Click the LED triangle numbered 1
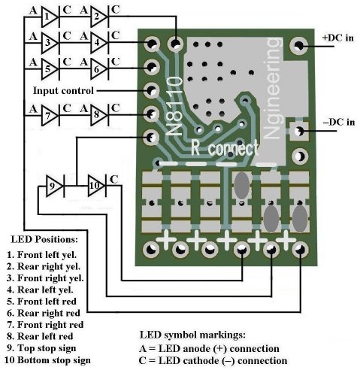(50, 17)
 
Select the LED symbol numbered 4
(99, 43)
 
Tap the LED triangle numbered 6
(99, 69)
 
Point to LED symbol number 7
(50, 115)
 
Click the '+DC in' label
(338, 38)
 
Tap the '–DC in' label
(339, 123)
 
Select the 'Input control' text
(63, 90)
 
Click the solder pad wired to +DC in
(298, 46)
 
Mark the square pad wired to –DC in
(298, 131)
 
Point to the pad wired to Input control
(151, 90)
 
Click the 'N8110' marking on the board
(174, 107)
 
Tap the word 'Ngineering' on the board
(272, 88)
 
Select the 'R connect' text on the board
(224, 147)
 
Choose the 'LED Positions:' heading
(44, 239)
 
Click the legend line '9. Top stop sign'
(41, 348)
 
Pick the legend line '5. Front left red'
(41, 302)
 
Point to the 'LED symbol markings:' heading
(192, 335)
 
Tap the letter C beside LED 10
(114, 180)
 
